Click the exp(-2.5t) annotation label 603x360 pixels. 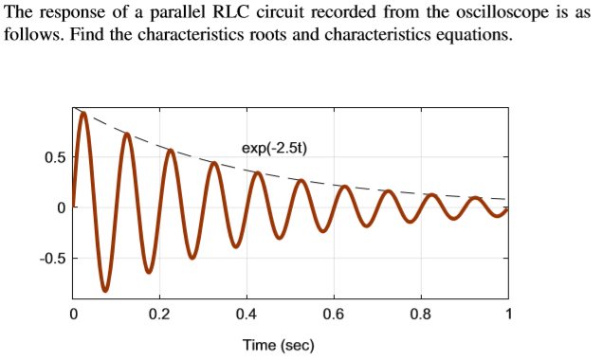(275, 148)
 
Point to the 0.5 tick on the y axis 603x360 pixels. (55, 157)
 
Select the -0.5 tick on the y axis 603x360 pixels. (52, 258)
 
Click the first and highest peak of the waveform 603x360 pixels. (83, 114)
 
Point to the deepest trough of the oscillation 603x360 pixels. (105, 289)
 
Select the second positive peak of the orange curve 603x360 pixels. (127, 134)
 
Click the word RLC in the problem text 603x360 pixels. (244, 15)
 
